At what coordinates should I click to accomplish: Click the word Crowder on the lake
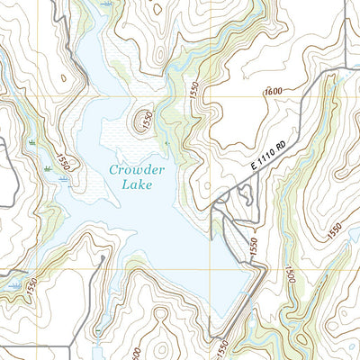pyautogui.click(x=137, y=170)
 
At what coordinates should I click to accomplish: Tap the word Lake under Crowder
pyautogui.click(x=136, y=186)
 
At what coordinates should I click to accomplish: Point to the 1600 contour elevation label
pyautogui.click(x=274, y=90)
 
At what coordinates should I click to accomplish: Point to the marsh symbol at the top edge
pyautogui.click(x=109, y=4)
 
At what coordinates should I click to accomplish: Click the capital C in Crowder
pyautogui.click(x=113, y=170)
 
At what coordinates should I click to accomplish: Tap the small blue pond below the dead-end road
pyautogui.click(x=97, y=339)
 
